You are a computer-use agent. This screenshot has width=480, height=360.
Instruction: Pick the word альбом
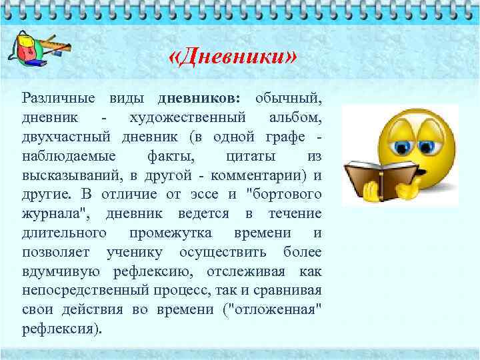(x=295, y=117)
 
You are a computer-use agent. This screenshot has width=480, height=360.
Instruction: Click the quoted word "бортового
(x=283, y=195)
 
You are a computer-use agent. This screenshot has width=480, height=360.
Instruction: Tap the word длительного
(x=65, y=233)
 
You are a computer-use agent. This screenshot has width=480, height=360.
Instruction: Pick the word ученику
(x=135, y=253)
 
